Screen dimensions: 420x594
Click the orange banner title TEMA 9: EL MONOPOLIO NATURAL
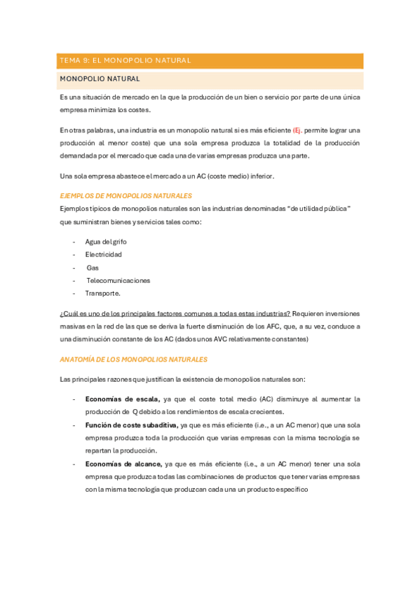[x=126, y=61]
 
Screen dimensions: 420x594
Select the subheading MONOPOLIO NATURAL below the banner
[x=100, y=79]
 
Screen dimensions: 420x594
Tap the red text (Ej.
[x=297, y=130]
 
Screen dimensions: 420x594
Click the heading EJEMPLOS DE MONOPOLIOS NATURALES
[x=126, y=196]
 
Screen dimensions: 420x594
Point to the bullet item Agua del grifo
[x=107, y=242]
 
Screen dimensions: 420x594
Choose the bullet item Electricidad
[x=104, y=254]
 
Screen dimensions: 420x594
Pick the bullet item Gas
[x=93, y=268]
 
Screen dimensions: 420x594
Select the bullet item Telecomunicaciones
[x=118, y=280]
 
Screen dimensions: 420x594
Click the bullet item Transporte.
[x=103, y=293]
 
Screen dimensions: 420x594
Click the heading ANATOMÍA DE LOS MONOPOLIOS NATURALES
[x=134, y=359]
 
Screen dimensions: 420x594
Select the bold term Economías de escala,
[x=123, y=399]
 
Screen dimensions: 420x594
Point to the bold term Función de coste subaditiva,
[x=132, y=424]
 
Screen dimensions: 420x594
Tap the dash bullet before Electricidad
[x=74, y=254]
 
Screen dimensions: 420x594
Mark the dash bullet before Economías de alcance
[x=74, y=464]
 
